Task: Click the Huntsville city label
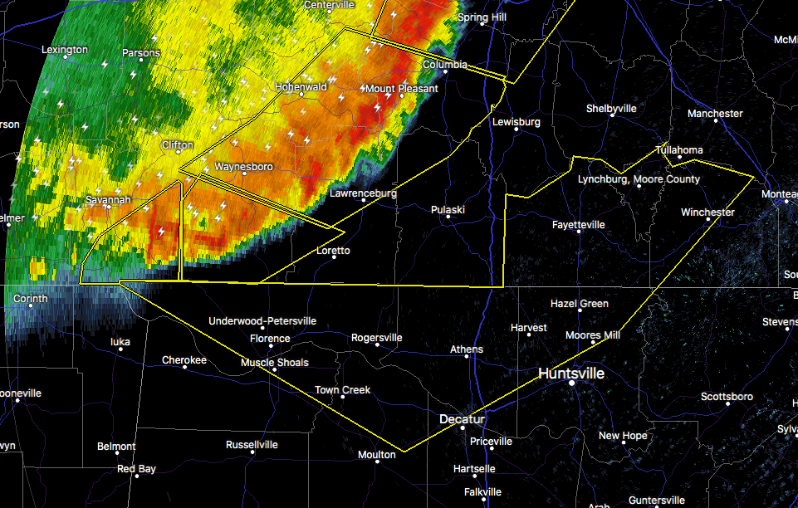point(571,374)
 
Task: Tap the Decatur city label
point(462,419)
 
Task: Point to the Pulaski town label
point(448,210)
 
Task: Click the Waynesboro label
point(243,167)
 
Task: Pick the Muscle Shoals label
point(274,363)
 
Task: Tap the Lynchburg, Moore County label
point(639,179)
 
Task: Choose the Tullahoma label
point(678,150)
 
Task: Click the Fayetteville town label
point(579,225)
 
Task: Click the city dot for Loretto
point(334,257)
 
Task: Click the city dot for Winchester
point(707,221)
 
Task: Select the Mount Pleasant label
point(402,89)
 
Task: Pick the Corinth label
point(31,299)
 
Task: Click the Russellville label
point(252,445)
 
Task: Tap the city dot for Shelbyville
point(611,116)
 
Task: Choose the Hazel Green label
point(579,304)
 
